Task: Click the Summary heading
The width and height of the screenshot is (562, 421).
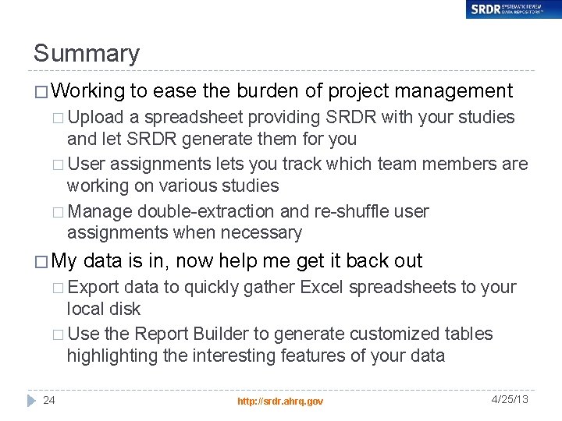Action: [87, 54]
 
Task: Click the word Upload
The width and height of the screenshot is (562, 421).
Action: [95, 118]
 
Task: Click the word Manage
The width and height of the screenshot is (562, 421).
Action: [100, 211]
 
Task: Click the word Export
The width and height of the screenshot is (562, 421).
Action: [94, 287]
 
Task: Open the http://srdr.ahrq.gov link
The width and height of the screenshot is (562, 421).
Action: [280, 401]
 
